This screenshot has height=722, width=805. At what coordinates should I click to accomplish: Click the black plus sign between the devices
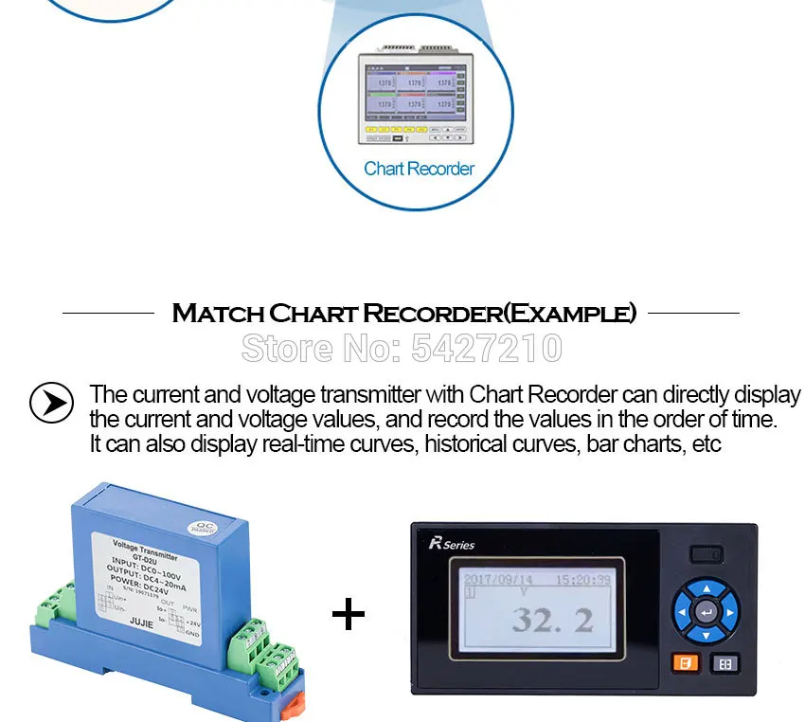349,615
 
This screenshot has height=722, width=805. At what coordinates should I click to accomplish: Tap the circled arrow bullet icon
51,403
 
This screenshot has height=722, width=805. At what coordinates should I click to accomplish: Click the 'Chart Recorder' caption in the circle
419,169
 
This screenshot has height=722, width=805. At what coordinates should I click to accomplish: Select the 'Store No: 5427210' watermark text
402,349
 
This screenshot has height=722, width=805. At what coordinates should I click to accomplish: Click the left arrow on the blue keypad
682,612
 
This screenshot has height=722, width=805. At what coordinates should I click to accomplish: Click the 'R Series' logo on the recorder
452,544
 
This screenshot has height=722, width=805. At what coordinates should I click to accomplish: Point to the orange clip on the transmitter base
296,704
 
